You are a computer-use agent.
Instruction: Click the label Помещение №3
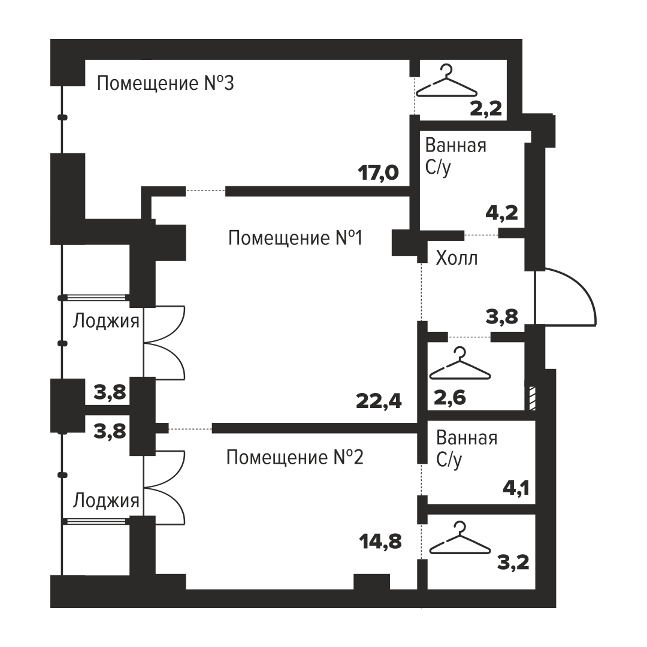(x=165, y=83)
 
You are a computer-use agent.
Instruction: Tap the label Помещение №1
(x=295, y=238)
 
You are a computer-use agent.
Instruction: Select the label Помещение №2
(x=295, y=457)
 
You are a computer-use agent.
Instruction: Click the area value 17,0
(x=379, y=173)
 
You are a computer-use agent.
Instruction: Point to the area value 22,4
(x=379, y=401)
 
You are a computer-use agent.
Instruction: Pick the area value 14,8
(x=380, y=541)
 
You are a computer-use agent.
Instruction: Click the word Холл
(x=456, y=258)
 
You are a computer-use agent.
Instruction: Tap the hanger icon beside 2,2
(x=447, y=81)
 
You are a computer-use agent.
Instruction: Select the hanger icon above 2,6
(x=460, y=364)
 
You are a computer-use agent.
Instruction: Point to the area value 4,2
(x=502, y=213)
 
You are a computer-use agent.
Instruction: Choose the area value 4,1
(x=516, y=489)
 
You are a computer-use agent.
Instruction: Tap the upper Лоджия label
(x=106, y=321)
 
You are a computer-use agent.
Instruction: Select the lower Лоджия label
(x=106, y=500)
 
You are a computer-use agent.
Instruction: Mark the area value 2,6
(x=450, y=398)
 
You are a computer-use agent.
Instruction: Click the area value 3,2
(x=513, y=562)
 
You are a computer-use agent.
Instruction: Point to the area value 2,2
(x=486, y=108)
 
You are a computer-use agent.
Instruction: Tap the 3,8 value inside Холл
(x=502, y=317)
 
